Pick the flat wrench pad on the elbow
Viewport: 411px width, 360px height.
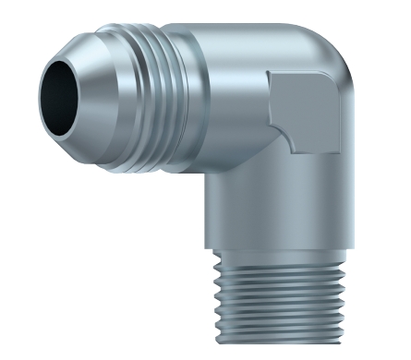305,109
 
